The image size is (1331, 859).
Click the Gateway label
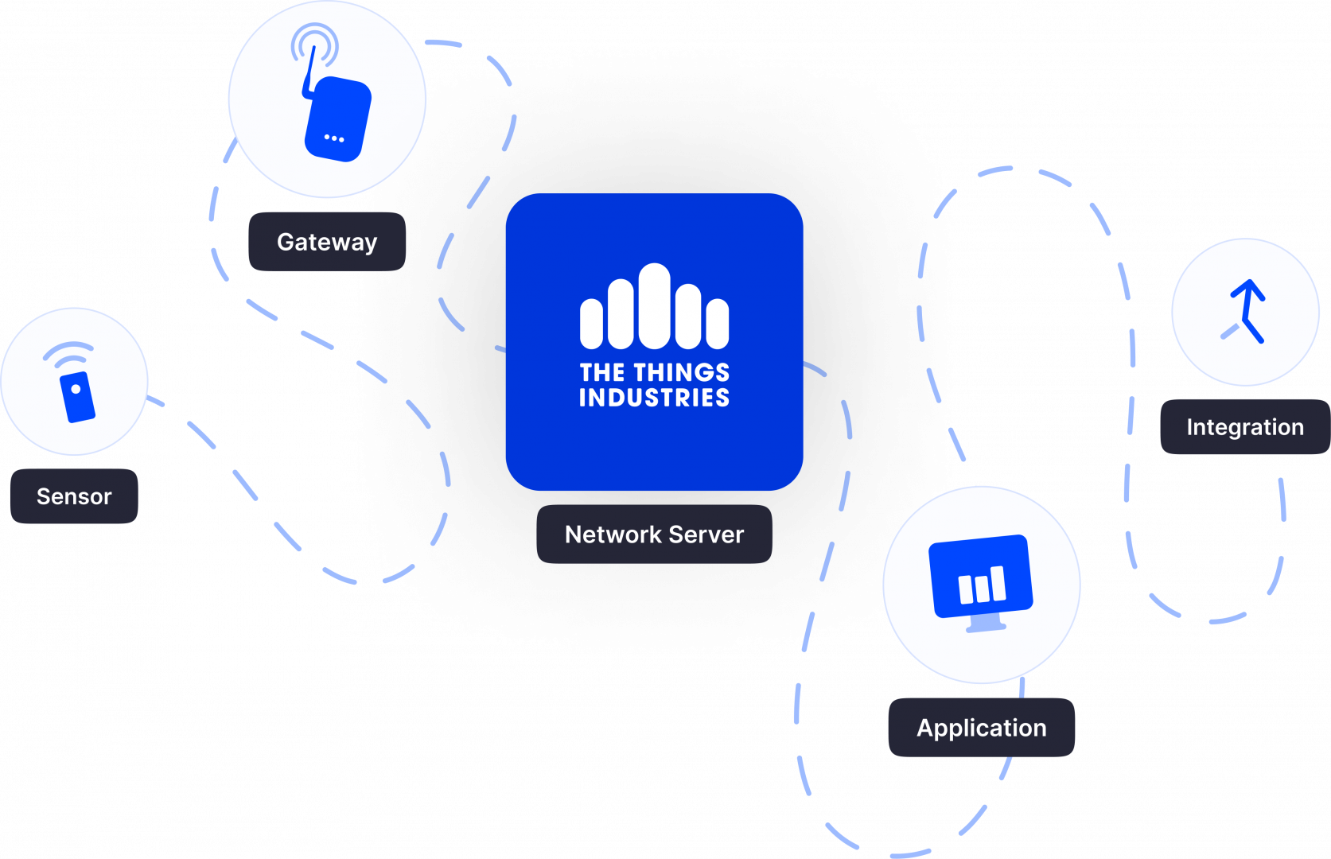(x=328, y=242)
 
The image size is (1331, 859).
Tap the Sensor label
(x=74, y=496)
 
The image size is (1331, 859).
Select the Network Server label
(x=654, y=534)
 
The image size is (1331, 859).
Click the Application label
(x=982, y=727)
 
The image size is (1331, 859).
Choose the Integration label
(x=1245, y=426)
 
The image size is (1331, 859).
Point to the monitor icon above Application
(x=981, y=583)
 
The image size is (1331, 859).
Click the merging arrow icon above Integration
(x=1245, y=311)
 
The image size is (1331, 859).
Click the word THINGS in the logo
(x=682, y=372)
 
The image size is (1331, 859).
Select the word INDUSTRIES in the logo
(x=654, y=398)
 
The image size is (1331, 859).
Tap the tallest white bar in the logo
(x=654, y=306)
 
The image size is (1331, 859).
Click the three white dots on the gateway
(x=334, y=138)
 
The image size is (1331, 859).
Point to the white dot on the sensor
(x=76, y=390)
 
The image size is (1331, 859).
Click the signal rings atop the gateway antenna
(x=315, y=45)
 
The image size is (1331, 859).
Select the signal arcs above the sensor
(x=68, y=352)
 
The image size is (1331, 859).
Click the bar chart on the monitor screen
(x=983, y=585)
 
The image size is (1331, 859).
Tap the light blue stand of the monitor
(x=986, y=623)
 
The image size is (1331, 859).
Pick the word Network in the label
(x=613, y=534)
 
